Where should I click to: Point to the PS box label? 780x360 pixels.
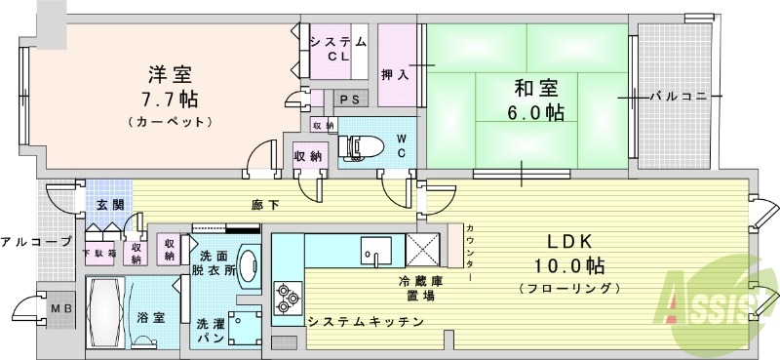click(x=348, y=99)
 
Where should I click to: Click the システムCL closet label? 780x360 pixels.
click(x=337, y=48)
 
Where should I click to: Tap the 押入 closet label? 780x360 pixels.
click(x=394, y=74)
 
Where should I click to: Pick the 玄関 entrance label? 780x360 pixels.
click(x=109, y=205)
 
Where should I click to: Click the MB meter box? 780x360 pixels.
click(x=55, y=308)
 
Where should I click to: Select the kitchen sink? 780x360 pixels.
click(x=375, y=250)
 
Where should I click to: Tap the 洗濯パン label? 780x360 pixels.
click(x=211, y=330)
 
